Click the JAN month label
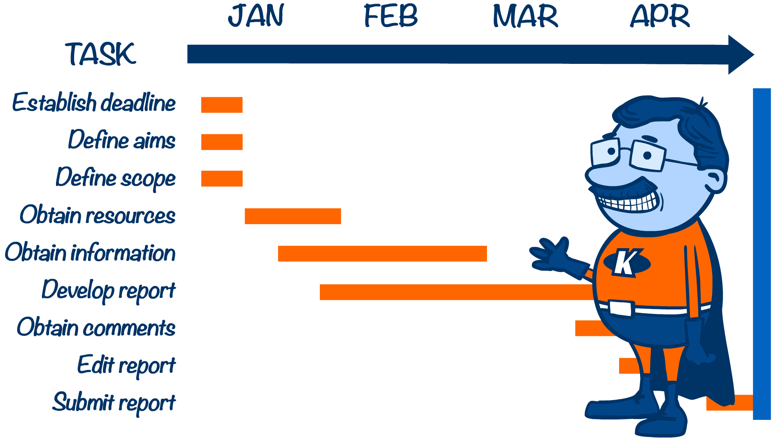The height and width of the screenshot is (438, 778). (256, 16)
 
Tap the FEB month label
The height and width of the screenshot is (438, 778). (391, 16)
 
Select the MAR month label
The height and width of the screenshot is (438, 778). (525, 16)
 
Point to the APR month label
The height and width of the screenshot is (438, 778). (660, 16)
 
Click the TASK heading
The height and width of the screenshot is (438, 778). (100, 54)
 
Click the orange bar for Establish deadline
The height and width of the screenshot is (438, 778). (222, 105)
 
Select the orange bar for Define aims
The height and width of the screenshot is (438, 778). (222, 142)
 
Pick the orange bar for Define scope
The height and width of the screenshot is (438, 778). (222, 178)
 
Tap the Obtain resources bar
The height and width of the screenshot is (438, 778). (293, 216)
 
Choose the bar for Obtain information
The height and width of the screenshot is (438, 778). (382, 253)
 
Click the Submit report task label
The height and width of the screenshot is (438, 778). (114, 403)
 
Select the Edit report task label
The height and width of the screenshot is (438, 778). (126, 365)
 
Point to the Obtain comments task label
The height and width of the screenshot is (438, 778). (96, 328)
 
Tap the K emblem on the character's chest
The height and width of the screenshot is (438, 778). (627, 262)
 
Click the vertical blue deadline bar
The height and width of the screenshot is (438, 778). (762, 254)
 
